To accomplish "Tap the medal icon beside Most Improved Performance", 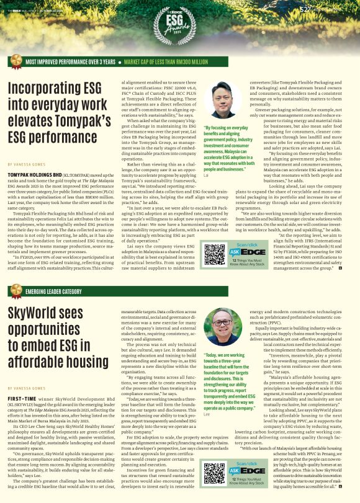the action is click(13, 62).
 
